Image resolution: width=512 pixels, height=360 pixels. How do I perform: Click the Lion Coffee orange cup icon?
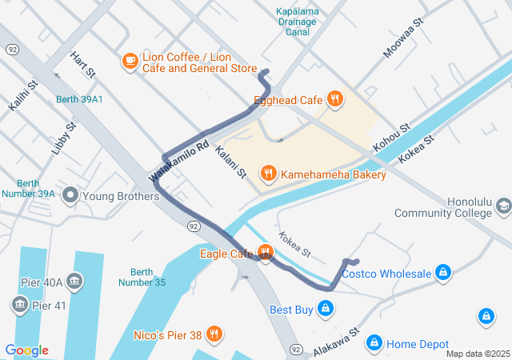[x=130, y=60]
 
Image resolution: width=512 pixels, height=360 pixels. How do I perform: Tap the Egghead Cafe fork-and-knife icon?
[x=335, y=99]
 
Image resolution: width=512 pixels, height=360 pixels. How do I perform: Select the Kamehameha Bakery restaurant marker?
[x=268, y=173]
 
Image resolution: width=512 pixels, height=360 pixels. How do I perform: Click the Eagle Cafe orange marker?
[x=266, y=254]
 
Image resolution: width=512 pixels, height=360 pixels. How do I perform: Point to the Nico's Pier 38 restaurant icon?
[x=213, y=333]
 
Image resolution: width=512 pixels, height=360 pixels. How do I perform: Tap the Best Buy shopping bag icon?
[x=325, y=308]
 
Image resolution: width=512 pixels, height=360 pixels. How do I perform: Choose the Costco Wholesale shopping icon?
[x=442, y=274]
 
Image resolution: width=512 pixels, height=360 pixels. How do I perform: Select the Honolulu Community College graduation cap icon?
[x=503, y=207]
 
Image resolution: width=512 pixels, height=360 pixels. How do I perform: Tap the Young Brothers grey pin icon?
[x=71, y=195]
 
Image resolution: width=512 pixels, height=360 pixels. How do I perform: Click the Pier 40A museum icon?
[x=74, y=281]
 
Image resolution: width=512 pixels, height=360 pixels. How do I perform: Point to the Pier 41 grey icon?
[x=18, y=304]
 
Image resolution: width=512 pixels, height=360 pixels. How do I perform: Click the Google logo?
[x=26, y=350]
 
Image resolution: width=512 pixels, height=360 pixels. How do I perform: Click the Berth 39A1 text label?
[x=79, y=99]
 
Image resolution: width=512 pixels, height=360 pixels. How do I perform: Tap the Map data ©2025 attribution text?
[x=477, y=354]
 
